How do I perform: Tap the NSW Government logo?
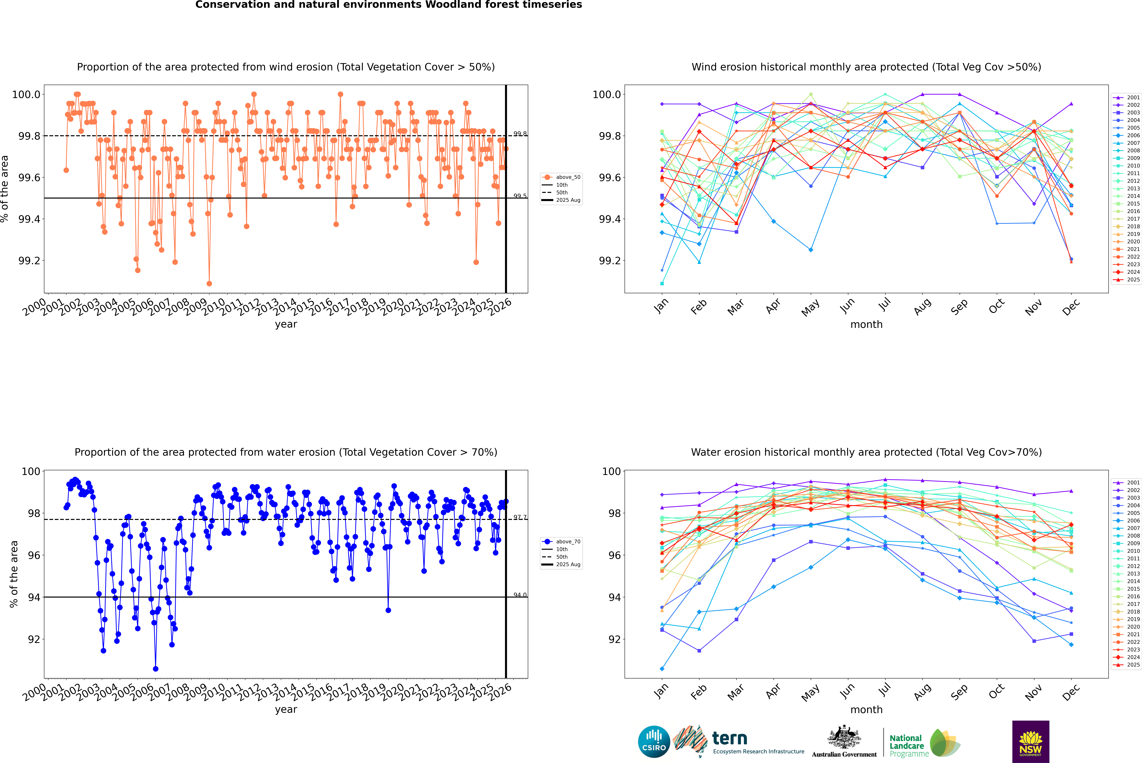1030,741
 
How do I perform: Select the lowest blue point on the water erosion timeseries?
156,669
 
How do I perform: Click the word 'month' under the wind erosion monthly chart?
866,325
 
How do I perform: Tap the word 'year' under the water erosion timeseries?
286,710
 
